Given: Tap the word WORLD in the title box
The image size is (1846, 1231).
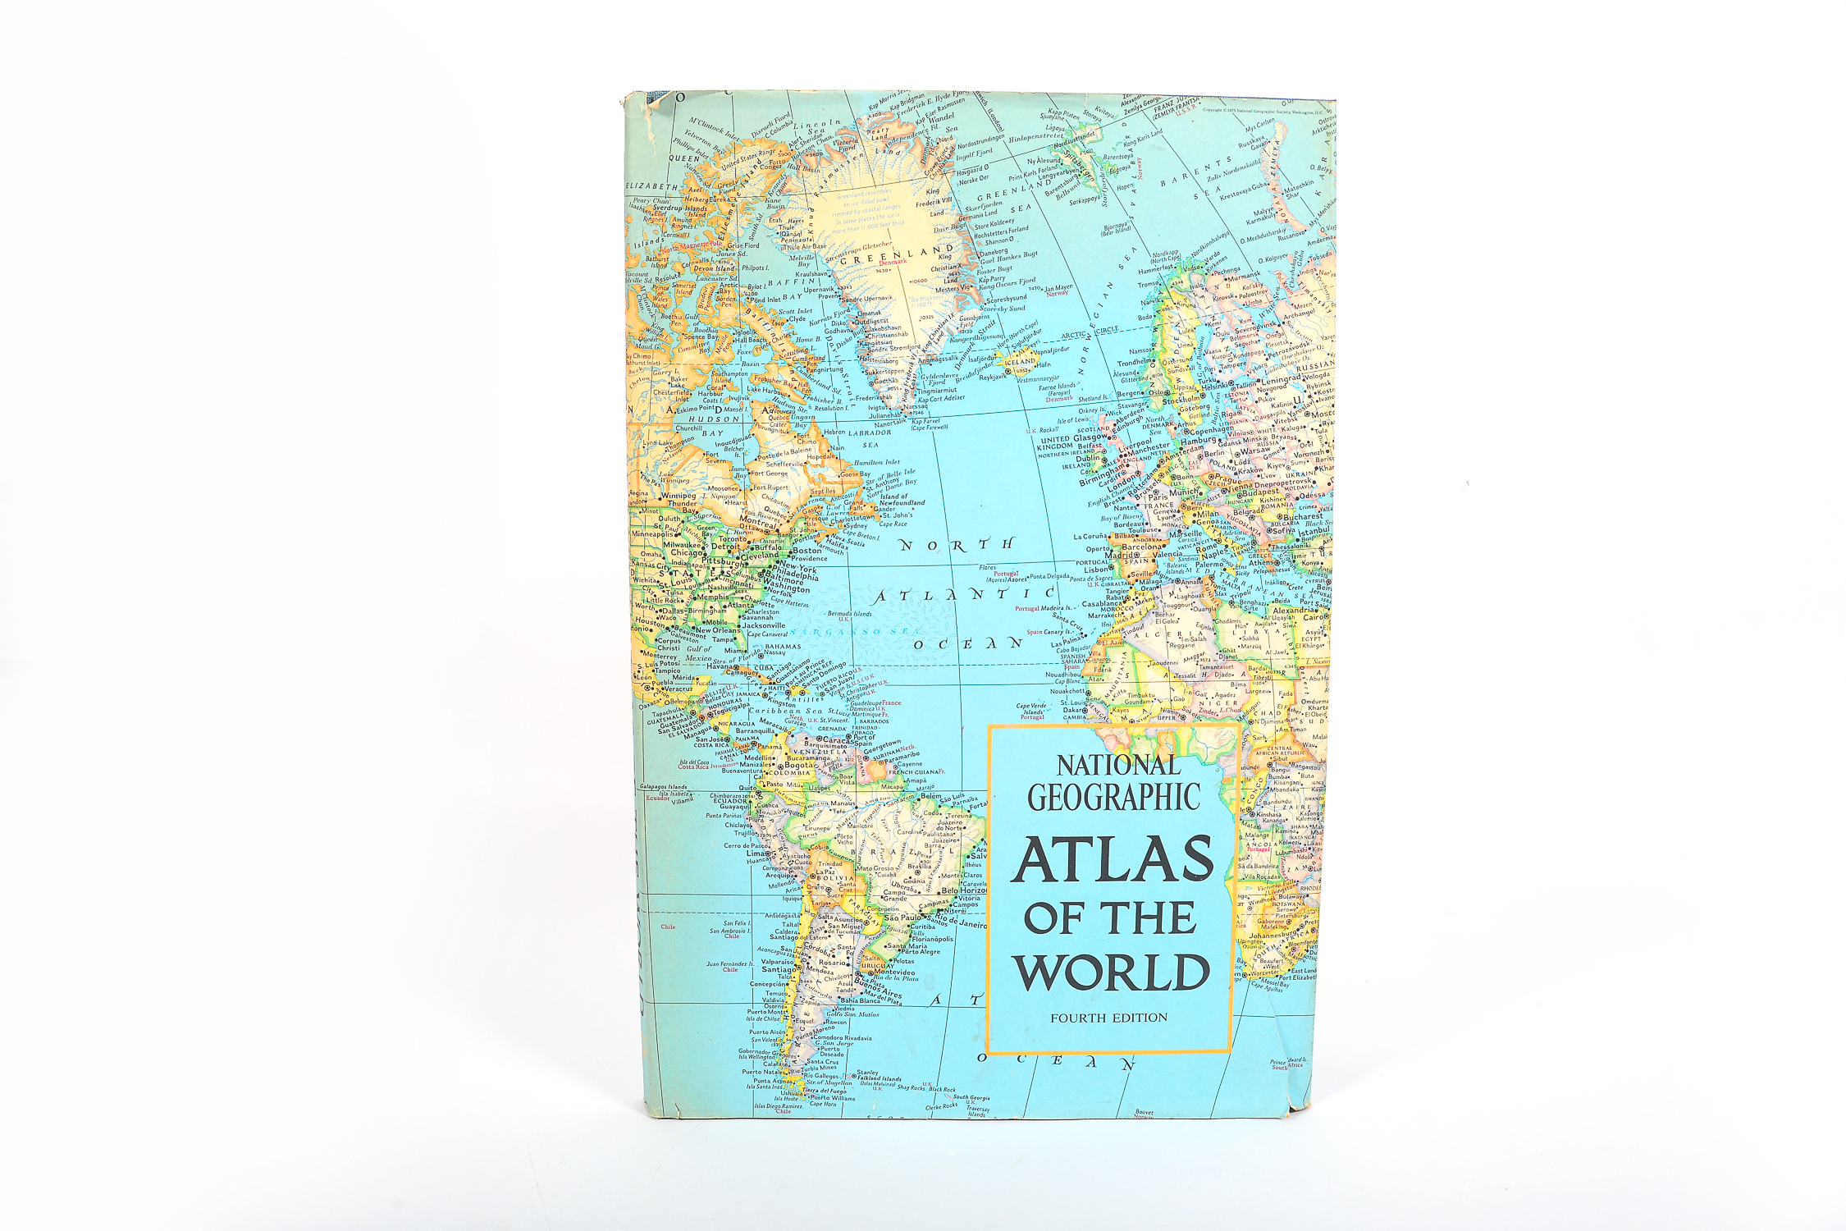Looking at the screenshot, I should (1112, 972).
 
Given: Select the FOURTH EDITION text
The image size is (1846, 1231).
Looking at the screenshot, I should (1108, 1018).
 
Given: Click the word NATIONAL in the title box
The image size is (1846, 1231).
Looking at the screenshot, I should (1117, 765).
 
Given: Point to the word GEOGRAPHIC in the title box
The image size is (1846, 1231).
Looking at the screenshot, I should (1113, 798).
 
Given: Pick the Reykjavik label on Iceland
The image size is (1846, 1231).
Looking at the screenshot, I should (993, 378).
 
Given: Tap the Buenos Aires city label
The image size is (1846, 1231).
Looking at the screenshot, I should (878, 988).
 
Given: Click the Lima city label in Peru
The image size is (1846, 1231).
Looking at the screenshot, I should (756, 853).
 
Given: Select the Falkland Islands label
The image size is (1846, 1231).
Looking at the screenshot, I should (879, 1079).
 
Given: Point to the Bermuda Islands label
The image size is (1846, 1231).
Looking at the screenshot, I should (850, 613).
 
